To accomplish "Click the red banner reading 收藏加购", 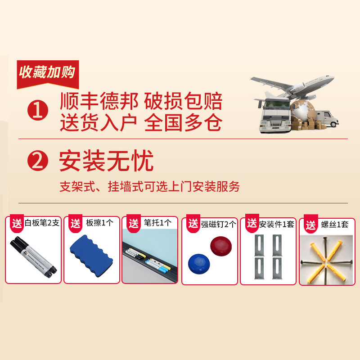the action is click(x=48, y=74).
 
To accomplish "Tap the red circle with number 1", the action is click(x=38, y=110).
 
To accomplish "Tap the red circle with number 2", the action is click(x=38, y=161).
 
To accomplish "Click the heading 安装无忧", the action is click(x=106, y=161).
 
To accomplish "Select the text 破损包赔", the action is click(x=183, y=101).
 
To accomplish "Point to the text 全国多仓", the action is click(x=183, y=122).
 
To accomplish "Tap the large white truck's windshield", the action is click(x=276, y=104).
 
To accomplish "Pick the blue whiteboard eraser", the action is click(x=91, y=256).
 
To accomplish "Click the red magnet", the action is click(x=221, y=246).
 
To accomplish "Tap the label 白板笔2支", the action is click(x=42, y=223).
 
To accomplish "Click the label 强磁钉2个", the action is click(x=219, y=224).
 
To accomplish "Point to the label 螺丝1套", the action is click(x=335, y=224).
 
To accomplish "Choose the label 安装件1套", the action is click(x=277, y=224).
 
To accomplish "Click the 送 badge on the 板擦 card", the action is click(x=76, y=223).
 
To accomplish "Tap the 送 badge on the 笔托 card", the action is click(x=134, y=223).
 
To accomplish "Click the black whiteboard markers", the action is click(x=33, y=257).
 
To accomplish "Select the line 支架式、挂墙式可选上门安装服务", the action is click(x=150, y=186).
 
